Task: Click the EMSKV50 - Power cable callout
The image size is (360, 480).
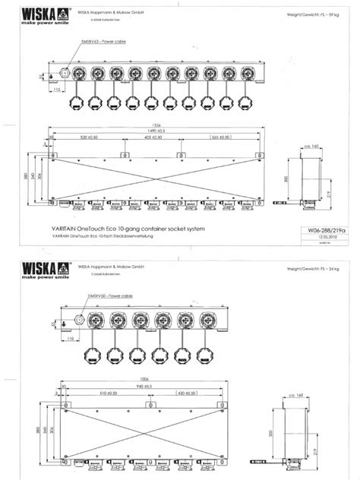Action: click(x=105, y=295)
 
